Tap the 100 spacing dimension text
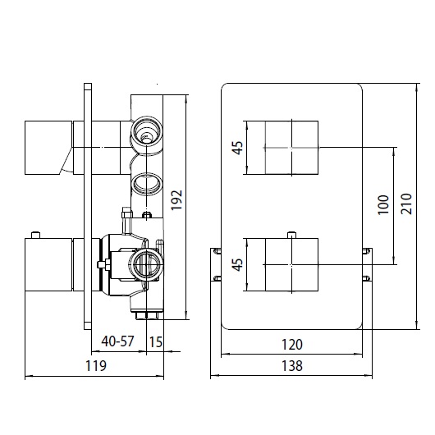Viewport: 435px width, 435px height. pos(382,204)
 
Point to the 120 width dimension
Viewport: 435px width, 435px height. pos(291,345)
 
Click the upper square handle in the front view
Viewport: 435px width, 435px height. pos(291,147)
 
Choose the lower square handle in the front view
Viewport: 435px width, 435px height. pos(291,264)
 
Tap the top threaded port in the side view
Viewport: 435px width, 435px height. pos(148,131)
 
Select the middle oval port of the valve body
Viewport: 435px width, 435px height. pos(146,181)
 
